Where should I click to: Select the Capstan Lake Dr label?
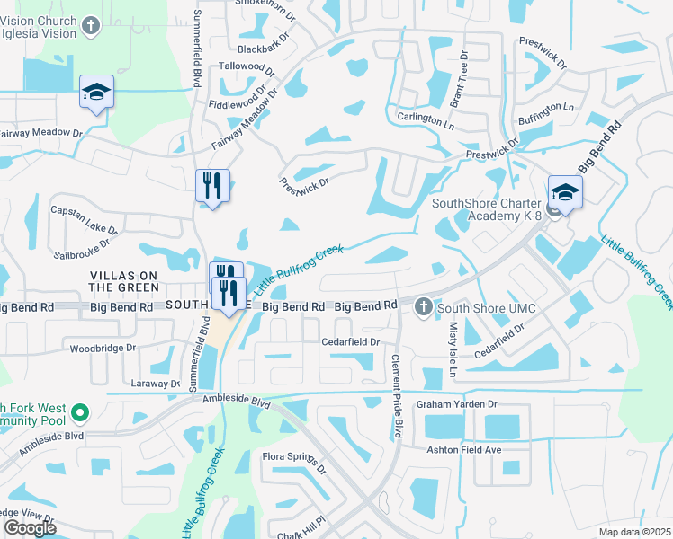(79, 213)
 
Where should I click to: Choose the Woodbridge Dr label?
(103, 348)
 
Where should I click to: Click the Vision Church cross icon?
(90, 26)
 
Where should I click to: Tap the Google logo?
(30, 528)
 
